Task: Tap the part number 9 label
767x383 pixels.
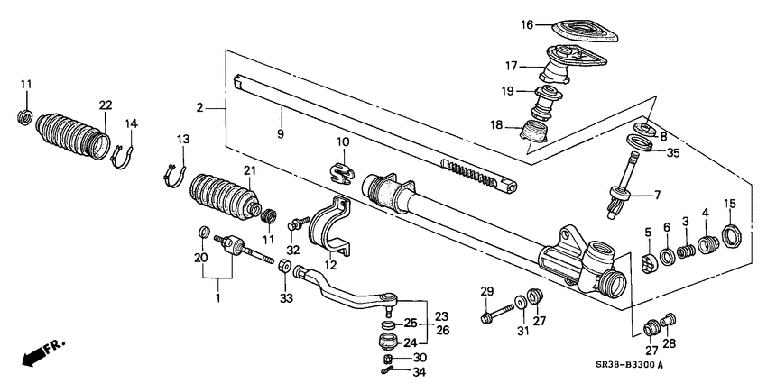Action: (x=281, y=133)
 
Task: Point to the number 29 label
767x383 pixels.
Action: (x=487, y=290)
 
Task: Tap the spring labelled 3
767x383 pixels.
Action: (x=688, y=246)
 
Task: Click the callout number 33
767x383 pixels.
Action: (x=287, y=298)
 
